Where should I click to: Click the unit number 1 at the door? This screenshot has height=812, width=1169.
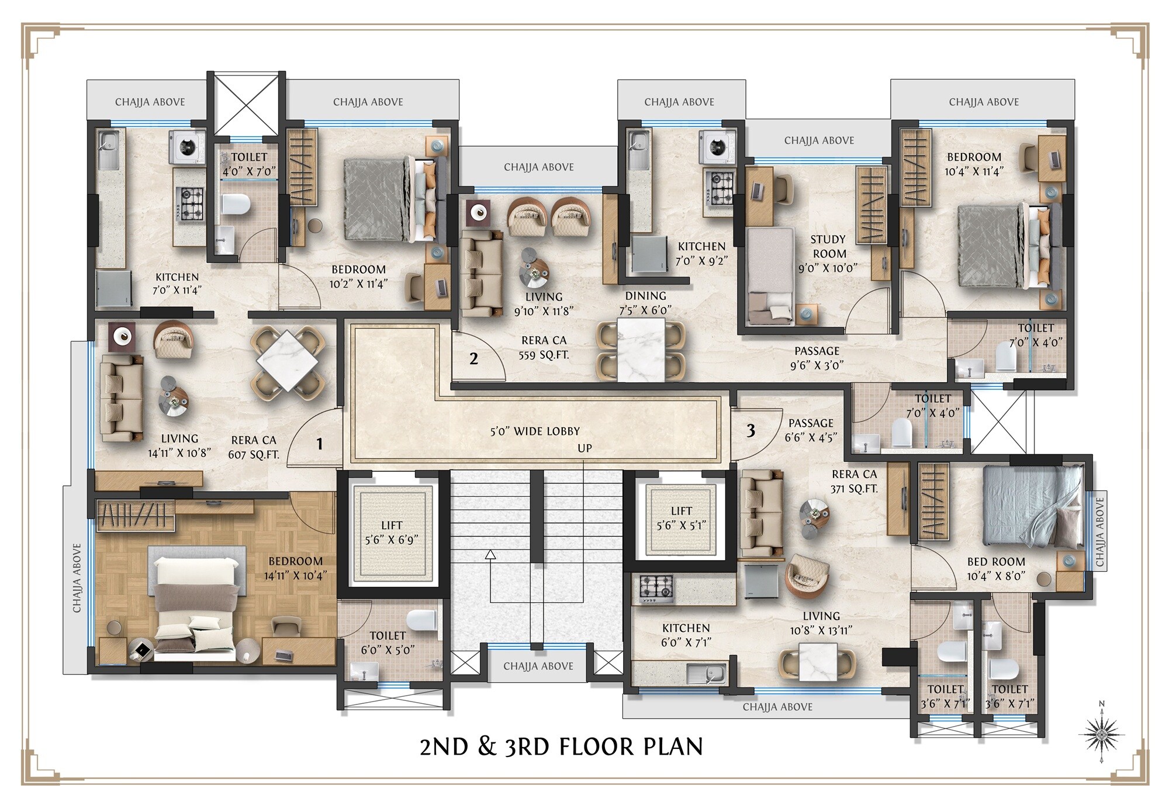click(319, 444)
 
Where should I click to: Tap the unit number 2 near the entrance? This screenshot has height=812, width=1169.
click(473, 358)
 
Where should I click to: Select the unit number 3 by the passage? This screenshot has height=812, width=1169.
click(750, 431)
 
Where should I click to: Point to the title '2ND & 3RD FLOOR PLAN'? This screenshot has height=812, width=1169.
click(561, 747)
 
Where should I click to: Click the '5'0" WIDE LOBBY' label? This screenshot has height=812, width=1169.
click(535, 431)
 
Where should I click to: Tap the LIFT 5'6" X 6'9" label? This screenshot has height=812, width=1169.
click(392, 533)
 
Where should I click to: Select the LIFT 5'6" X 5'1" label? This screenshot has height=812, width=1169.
click(681, 518)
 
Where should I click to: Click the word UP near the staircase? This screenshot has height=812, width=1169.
click(584, 448)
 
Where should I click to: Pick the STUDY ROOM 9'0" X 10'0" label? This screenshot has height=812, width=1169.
click(828, 254)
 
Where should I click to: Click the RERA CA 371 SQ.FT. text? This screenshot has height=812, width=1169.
click(854, 481)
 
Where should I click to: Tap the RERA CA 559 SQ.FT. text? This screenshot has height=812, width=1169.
click(544, 347)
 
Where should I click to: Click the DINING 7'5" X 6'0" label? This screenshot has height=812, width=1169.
click(645, 303)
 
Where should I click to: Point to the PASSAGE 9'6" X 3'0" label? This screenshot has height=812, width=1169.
click(817, 358)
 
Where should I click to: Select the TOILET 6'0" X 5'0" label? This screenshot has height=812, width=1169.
click(388, 642)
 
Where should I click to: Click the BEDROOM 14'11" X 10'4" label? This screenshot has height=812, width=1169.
click(295, 568)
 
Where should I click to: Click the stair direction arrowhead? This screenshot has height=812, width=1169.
click(490, 554)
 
